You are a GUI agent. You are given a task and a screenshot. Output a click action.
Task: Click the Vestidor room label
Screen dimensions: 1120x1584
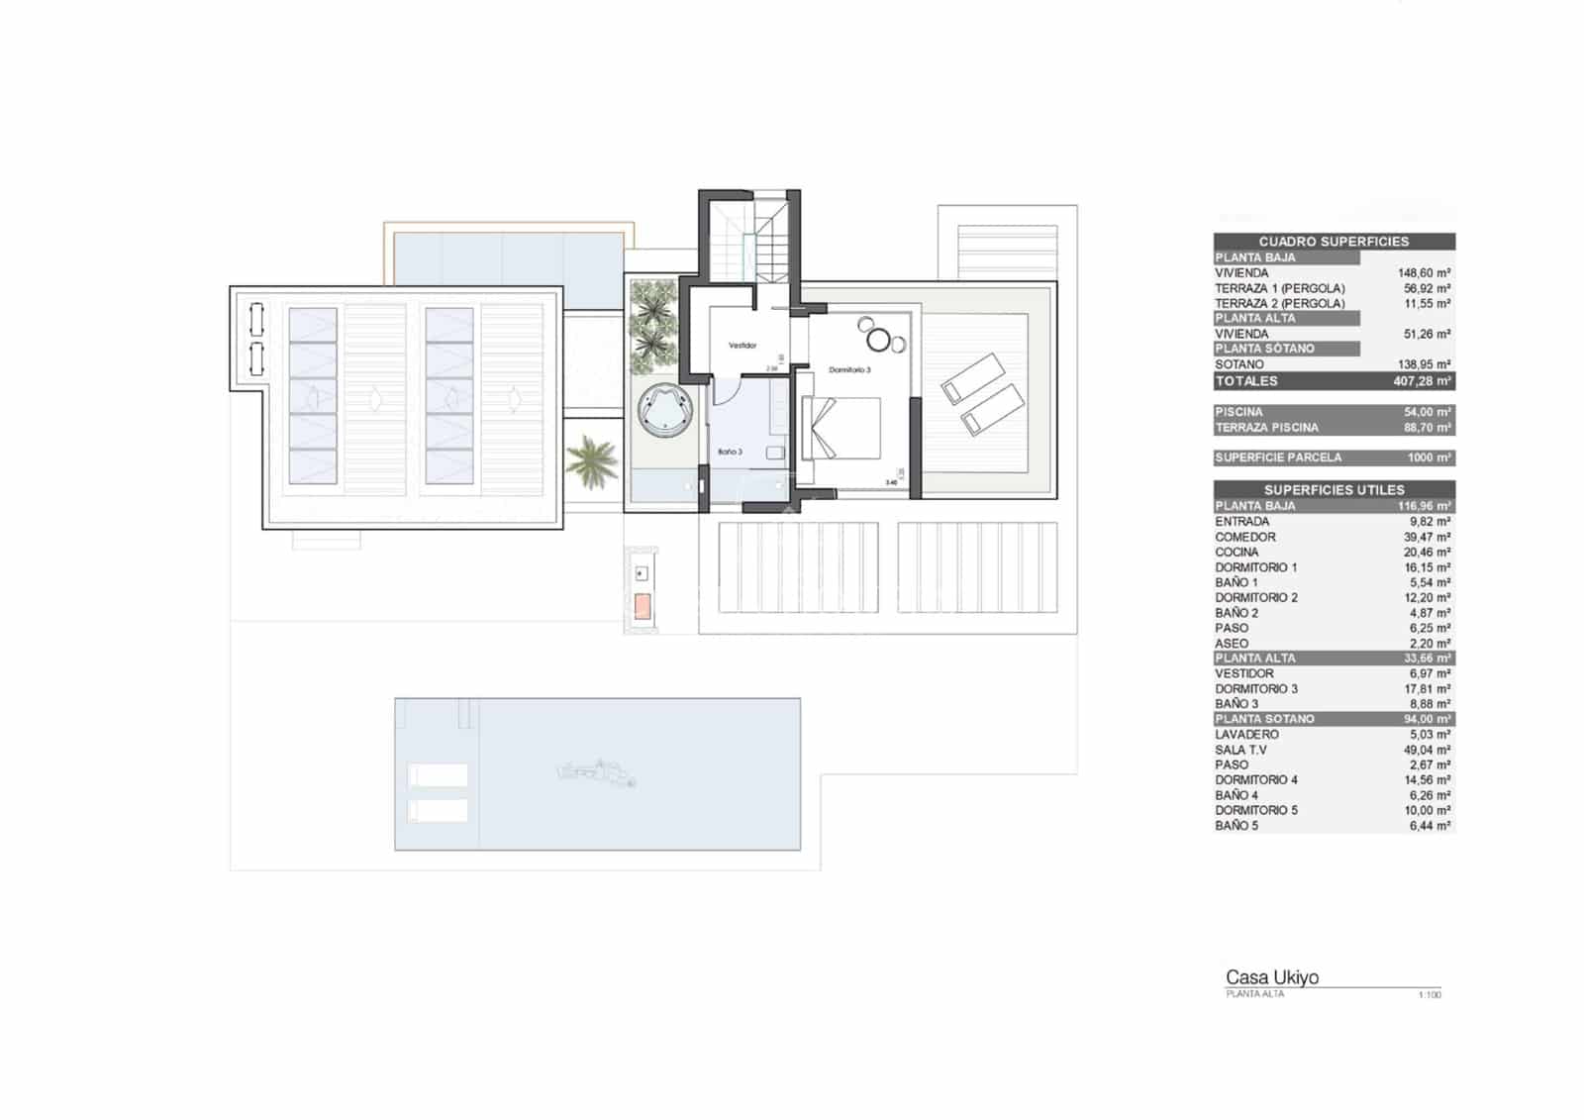742,346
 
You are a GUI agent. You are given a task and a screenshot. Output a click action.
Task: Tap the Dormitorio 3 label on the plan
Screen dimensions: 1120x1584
849,369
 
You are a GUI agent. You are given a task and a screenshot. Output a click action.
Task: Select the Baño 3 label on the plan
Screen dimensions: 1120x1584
730,452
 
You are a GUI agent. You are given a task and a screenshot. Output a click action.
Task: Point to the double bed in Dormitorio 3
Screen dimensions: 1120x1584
841,428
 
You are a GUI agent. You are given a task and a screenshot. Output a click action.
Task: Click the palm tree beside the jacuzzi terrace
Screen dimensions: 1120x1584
592,461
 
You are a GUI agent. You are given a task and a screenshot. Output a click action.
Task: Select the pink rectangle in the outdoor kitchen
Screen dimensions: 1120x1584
643,606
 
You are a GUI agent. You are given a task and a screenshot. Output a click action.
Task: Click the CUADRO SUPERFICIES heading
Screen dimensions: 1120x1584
1333,242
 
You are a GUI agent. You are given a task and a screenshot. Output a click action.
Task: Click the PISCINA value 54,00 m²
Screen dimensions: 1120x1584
1427,412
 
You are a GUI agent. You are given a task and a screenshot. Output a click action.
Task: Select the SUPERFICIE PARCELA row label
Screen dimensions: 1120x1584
1277,458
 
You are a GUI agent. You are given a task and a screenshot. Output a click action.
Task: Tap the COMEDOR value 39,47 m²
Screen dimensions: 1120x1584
1427,537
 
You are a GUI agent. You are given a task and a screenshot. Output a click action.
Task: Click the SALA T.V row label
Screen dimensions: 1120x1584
1240,750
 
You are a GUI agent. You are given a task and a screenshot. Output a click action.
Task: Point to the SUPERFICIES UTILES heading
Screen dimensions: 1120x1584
1333,490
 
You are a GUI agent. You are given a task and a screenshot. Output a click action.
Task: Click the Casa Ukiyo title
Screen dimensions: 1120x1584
1271,977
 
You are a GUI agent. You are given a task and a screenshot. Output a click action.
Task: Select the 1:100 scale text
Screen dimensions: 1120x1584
1429,995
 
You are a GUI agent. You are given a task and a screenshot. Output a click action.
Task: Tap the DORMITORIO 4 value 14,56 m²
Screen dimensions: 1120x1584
1427,780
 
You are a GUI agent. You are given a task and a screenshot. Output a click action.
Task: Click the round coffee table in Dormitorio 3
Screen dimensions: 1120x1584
878,341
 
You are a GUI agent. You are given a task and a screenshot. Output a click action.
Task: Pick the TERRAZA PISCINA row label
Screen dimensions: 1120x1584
1266,428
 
